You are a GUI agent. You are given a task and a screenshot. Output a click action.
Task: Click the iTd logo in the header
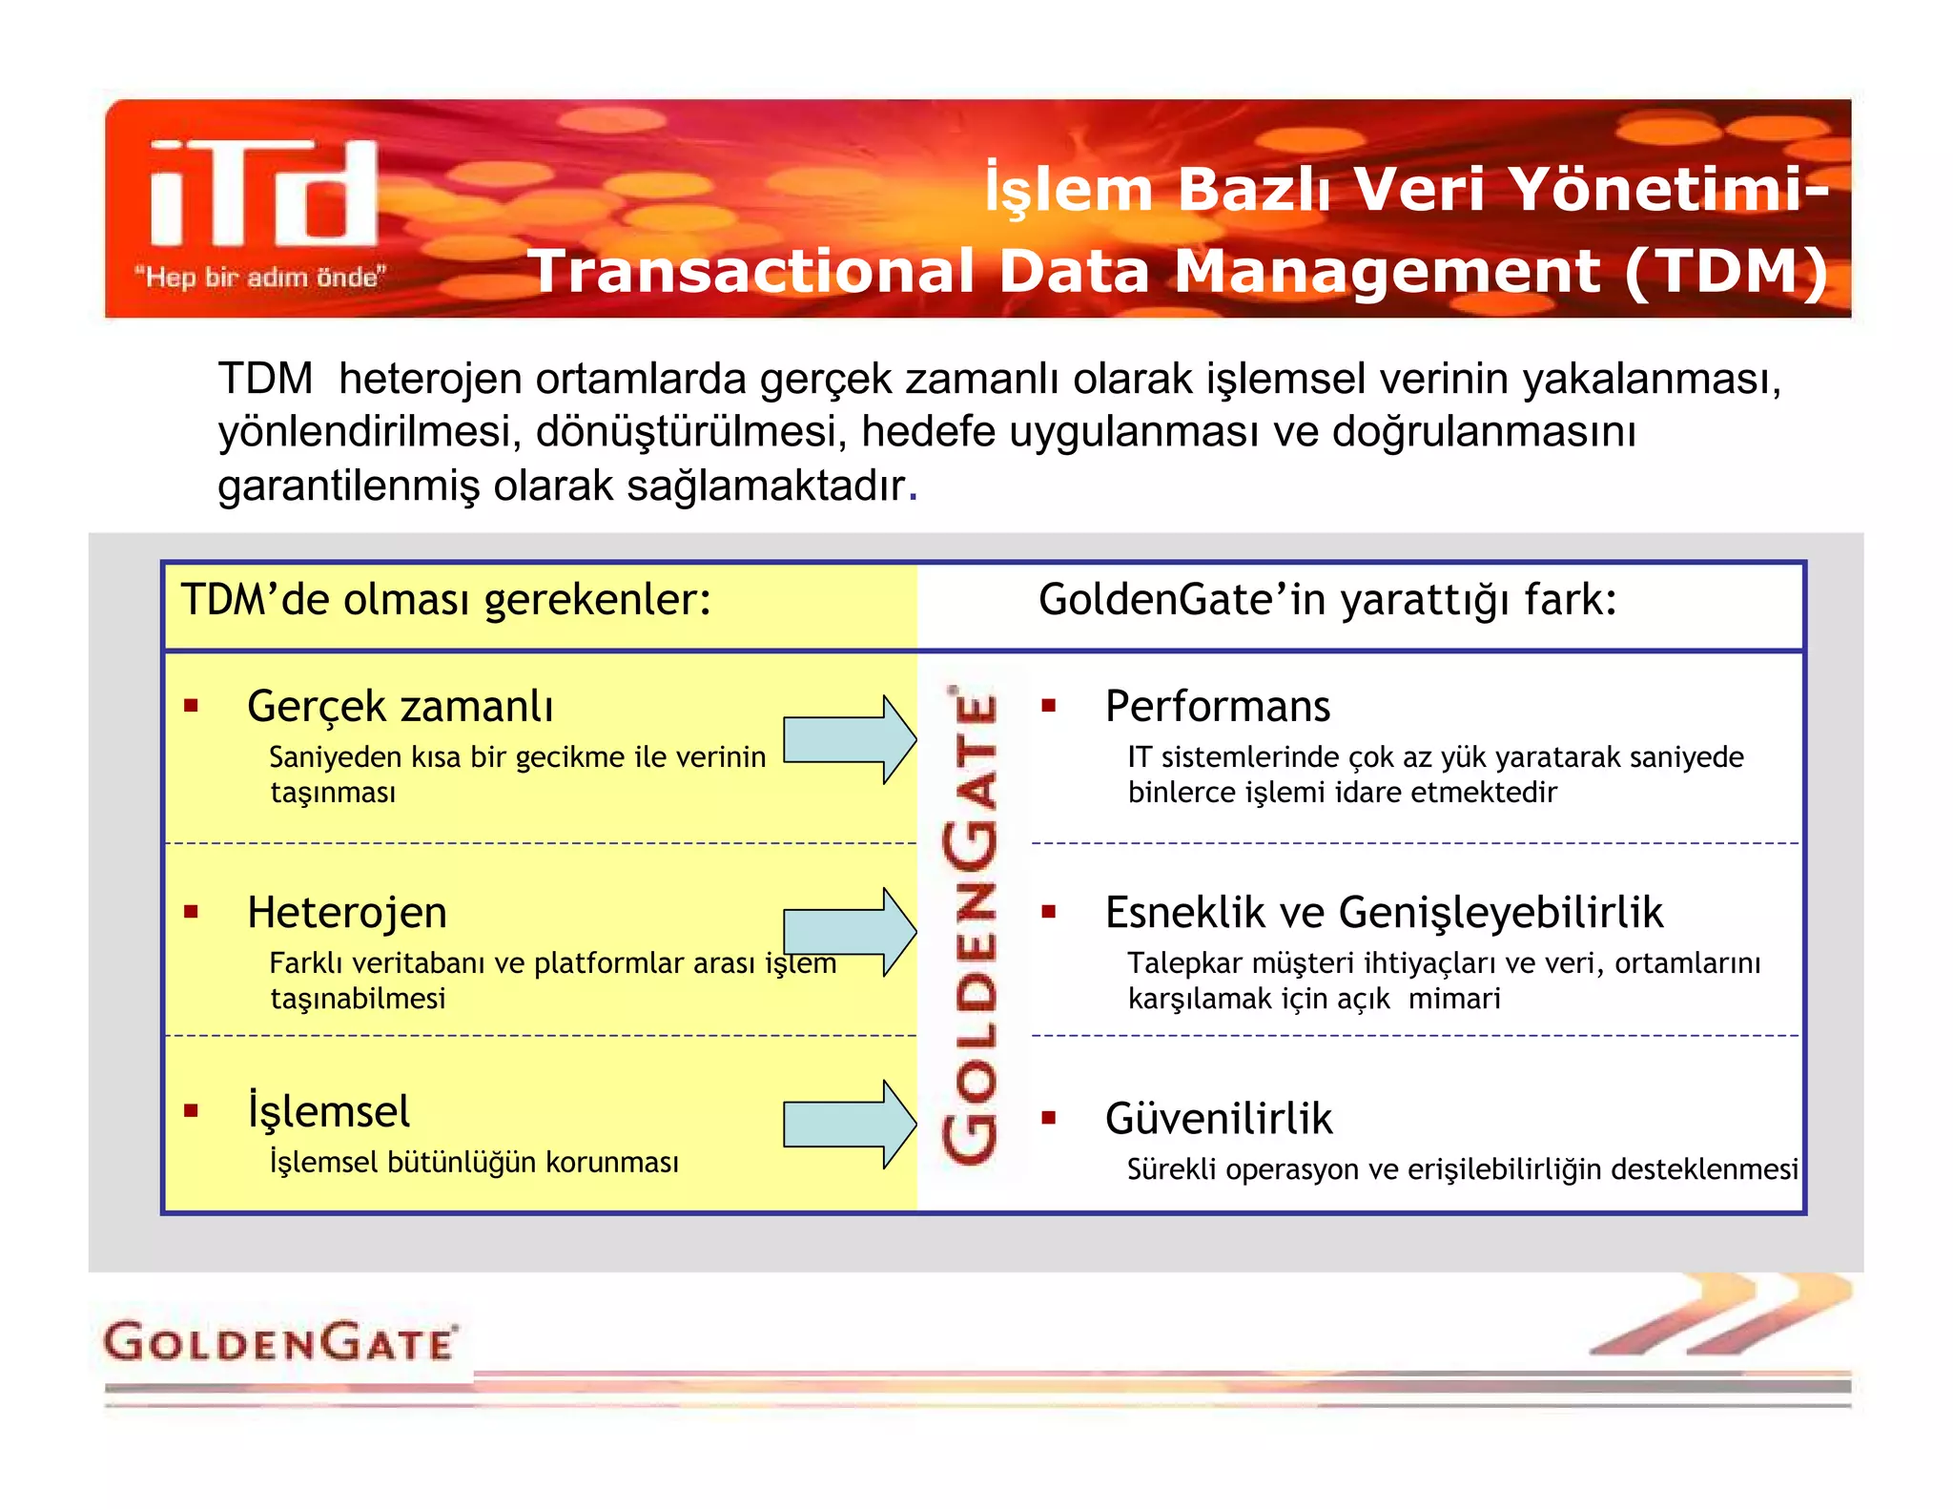point(264,194)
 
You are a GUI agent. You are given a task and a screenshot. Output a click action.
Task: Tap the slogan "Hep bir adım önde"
point(259,278)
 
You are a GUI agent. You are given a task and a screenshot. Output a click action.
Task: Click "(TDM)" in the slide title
point(1726,271)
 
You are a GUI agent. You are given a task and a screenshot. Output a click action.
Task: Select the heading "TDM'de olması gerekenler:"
point(446,600)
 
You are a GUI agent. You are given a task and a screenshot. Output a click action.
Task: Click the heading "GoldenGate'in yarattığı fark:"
point(1326,600)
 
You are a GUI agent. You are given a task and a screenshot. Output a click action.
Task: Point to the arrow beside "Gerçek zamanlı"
point(849,739)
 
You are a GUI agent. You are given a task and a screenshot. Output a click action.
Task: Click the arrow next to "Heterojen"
point(849,931)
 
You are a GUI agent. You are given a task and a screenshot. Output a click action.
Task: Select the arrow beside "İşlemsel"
point(849,1124)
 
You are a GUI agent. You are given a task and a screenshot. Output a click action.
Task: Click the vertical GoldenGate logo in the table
point(971,923)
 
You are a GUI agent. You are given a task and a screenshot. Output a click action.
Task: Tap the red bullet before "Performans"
point(1049,707)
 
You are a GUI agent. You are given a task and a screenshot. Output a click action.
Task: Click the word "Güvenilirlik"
point(1218,1119)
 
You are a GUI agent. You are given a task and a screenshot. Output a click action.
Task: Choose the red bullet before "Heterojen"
point(192,913)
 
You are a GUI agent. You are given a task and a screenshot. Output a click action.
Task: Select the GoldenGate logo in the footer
point(280,1342)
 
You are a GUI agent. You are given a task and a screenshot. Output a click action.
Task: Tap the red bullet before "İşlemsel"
point(192,1111)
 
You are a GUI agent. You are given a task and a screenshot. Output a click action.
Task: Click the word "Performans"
point(1217,707)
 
